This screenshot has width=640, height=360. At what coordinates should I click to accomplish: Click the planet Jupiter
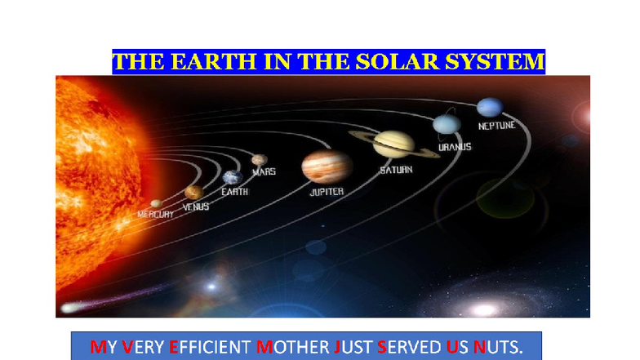point(327,167)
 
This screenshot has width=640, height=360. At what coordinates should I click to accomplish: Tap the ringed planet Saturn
point(383,143)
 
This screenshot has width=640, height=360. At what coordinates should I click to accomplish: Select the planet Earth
point(233,177)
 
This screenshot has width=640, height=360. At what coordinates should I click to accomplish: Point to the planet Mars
point(260,160)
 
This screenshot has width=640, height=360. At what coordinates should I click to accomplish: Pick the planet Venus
point(193,193)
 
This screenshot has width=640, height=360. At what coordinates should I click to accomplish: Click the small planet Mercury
point(155,203)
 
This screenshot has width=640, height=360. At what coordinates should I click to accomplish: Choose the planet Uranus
point(447,124)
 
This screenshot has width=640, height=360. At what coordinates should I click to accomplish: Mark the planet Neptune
point(490,107)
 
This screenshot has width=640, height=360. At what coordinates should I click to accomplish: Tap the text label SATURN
point(395,170)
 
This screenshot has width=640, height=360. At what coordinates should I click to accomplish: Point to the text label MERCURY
point(155,214)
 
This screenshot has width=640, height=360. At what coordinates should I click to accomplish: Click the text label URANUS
point(454,148)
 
